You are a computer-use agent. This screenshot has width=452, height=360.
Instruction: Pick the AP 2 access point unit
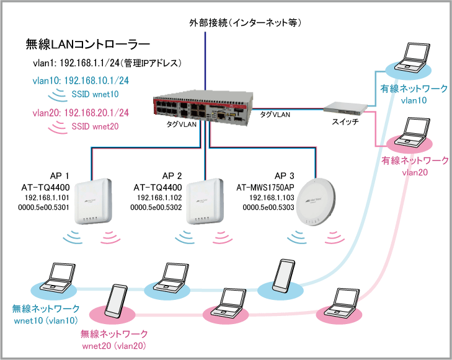204,202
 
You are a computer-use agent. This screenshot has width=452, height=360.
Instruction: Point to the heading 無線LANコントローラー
88,45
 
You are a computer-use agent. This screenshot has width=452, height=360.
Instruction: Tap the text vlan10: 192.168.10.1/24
81,81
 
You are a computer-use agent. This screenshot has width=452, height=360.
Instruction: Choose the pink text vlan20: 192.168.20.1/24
81,113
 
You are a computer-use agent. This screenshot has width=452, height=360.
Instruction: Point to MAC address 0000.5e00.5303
266,206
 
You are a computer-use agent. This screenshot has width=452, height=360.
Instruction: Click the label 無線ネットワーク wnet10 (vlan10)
46,314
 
